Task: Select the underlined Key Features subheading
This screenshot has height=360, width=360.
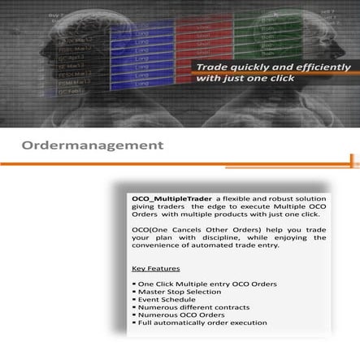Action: coord(155,267)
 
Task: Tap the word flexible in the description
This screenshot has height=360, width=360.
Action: coord(223,199)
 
